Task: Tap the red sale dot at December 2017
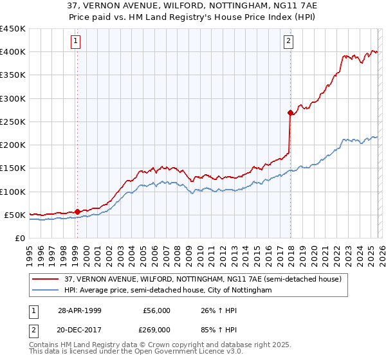coord(290,113)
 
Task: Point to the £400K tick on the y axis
coord(13,52)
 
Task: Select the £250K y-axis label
coord(13,122)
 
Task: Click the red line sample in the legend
coord(46,279)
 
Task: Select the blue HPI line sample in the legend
coord(46,291)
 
